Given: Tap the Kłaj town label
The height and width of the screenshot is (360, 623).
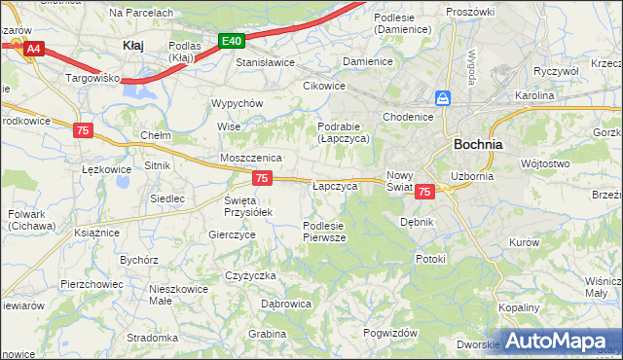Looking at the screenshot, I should click(x=133, y=45).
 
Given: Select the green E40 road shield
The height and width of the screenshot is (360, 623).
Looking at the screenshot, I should click(x=231, y=41).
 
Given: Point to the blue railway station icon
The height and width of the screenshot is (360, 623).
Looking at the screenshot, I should click(x=443, y=98).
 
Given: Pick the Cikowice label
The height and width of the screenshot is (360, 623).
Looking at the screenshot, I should click(x=324, y=85).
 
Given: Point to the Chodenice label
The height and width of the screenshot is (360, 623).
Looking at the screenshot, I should click(x=408, y=117).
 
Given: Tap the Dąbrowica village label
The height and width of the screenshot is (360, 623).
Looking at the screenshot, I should click(x=286, y=304).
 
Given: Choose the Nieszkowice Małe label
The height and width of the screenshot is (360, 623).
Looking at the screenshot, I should click(x=175, y=295).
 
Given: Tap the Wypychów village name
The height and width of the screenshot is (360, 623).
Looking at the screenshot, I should click(x=238, y=103).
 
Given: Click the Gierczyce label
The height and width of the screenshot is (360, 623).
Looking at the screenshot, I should click(x=232, y=234).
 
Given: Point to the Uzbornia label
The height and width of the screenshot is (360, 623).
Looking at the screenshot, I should click(x=472, y=176).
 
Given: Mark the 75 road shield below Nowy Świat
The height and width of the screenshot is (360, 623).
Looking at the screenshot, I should click(x=423, y=193).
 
